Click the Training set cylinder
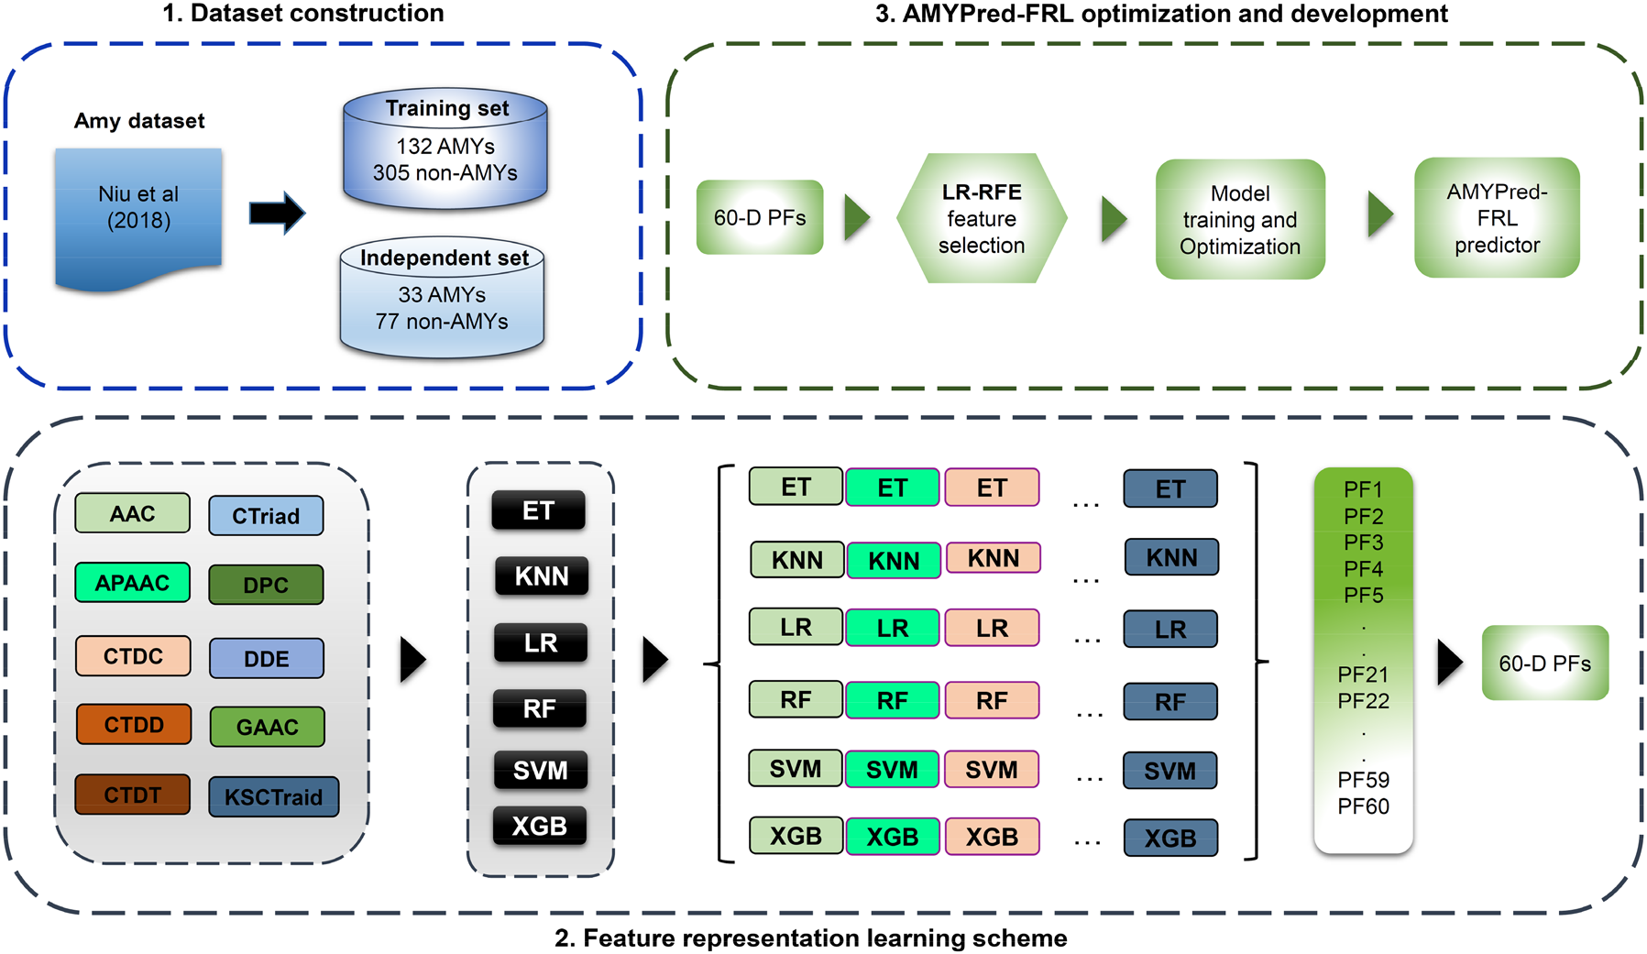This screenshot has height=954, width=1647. click(x=445, y=151)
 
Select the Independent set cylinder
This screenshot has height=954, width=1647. click(x=443, y=300)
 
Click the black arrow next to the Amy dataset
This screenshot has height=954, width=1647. click(x=277, y=214)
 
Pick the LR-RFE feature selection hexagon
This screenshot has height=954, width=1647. click(x=982, y=218)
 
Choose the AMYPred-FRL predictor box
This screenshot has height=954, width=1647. click(x=1497, y=218)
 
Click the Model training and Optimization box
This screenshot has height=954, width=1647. click(x=1240, y=220)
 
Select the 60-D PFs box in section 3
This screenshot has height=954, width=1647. click(x=760, y=217)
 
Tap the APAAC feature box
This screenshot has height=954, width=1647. click(x=133, y=583)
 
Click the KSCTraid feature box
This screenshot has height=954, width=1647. click(x=274, y=797)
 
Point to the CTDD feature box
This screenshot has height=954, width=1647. click(x=134, y=725)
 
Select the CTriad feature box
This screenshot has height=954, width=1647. click(x=266, y=516)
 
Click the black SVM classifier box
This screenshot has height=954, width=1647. click(x=540, y=771)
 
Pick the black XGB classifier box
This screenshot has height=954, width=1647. click(x=540, y=826)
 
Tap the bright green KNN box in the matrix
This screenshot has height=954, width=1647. click(x=894, y=560)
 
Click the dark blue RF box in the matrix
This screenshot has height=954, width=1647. click(x=1170, y=702)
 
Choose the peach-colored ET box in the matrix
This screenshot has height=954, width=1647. click(x=992, y=488)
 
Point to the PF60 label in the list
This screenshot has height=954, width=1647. click(x=1363, y=806)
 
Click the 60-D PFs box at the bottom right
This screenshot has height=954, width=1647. click(x=1544, y=663)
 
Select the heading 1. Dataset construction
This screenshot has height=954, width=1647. click(x=303, y=13)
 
